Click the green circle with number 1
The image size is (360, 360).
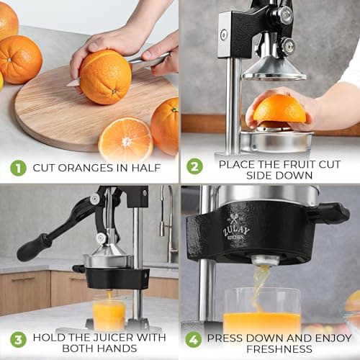[17, 168]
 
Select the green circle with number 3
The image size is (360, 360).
[17, 340]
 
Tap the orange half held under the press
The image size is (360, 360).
[279, 109]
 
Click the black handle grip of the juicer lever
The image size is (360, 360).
[33, 248]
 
